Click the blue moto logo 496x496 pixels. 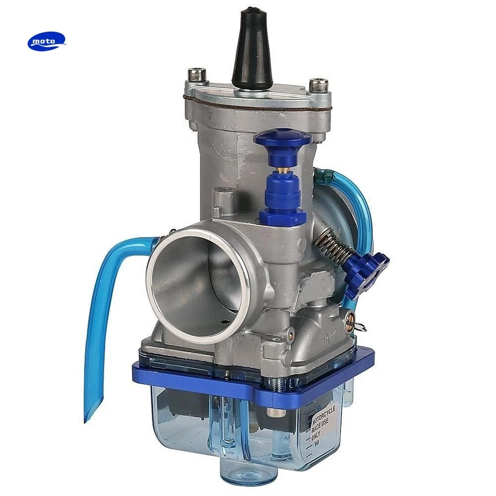(x=47, y=41)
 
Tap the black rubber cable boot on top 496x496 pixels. (x=252, y=49)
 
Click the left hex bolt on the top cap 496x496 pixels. (x=197, y=73)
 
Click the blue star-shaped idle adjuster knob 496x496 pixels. (x=367, y=274)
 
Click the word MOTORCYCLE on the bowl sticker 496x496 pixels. (x=324, y=415)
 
